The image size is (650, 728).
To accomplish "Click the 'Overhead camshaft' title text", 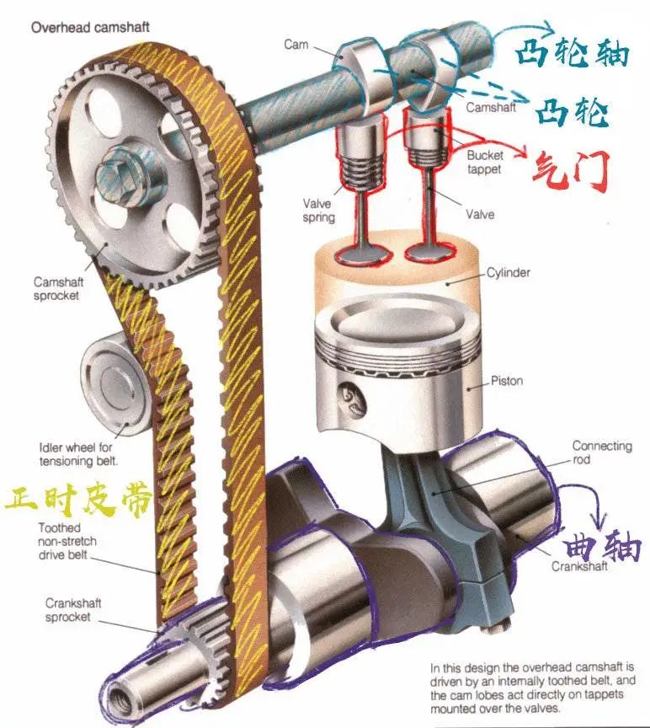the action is click(x=90, y=28).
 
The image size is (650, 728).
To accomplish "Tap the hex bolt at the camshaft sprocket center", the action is click(x=120, y=176).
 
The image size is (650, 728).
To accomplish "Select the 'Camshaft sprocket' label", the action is click(x=58, y=288).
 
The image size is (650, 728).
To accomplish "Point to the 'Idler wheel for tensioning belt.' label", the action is click(x=78, y=454).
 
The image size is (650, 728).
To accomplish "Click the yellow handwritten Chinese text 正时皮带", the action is click(x=79, y=500).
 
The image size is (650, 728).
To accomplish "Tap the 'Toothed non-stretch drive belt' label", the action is click(x=67, y=541).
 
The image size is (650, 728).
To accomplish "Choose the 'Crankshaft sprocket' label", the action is click(x=73, y=609).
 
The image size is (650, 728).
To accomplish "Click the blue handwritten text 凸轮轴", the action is click(x=573, y=52).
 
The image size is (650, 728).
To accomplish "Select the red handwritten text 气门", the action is click(x=570, y=171).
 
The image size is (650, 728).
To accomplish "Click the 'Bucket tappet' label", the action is click(x=484, y=162).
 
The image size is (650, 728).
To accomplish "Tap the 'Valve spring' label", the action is click(x=318, y=210).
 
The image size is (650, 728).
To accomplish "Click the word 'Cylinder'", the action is click(x=508, y=272).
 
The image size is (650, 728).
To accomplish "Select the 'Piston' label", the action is click(x=507, y=381).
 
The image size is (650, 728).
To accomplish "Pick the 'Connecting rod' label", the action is click(x=602, y=452).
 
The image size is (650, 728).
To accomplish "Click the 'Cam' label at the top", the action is click(x=296, y=45).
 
